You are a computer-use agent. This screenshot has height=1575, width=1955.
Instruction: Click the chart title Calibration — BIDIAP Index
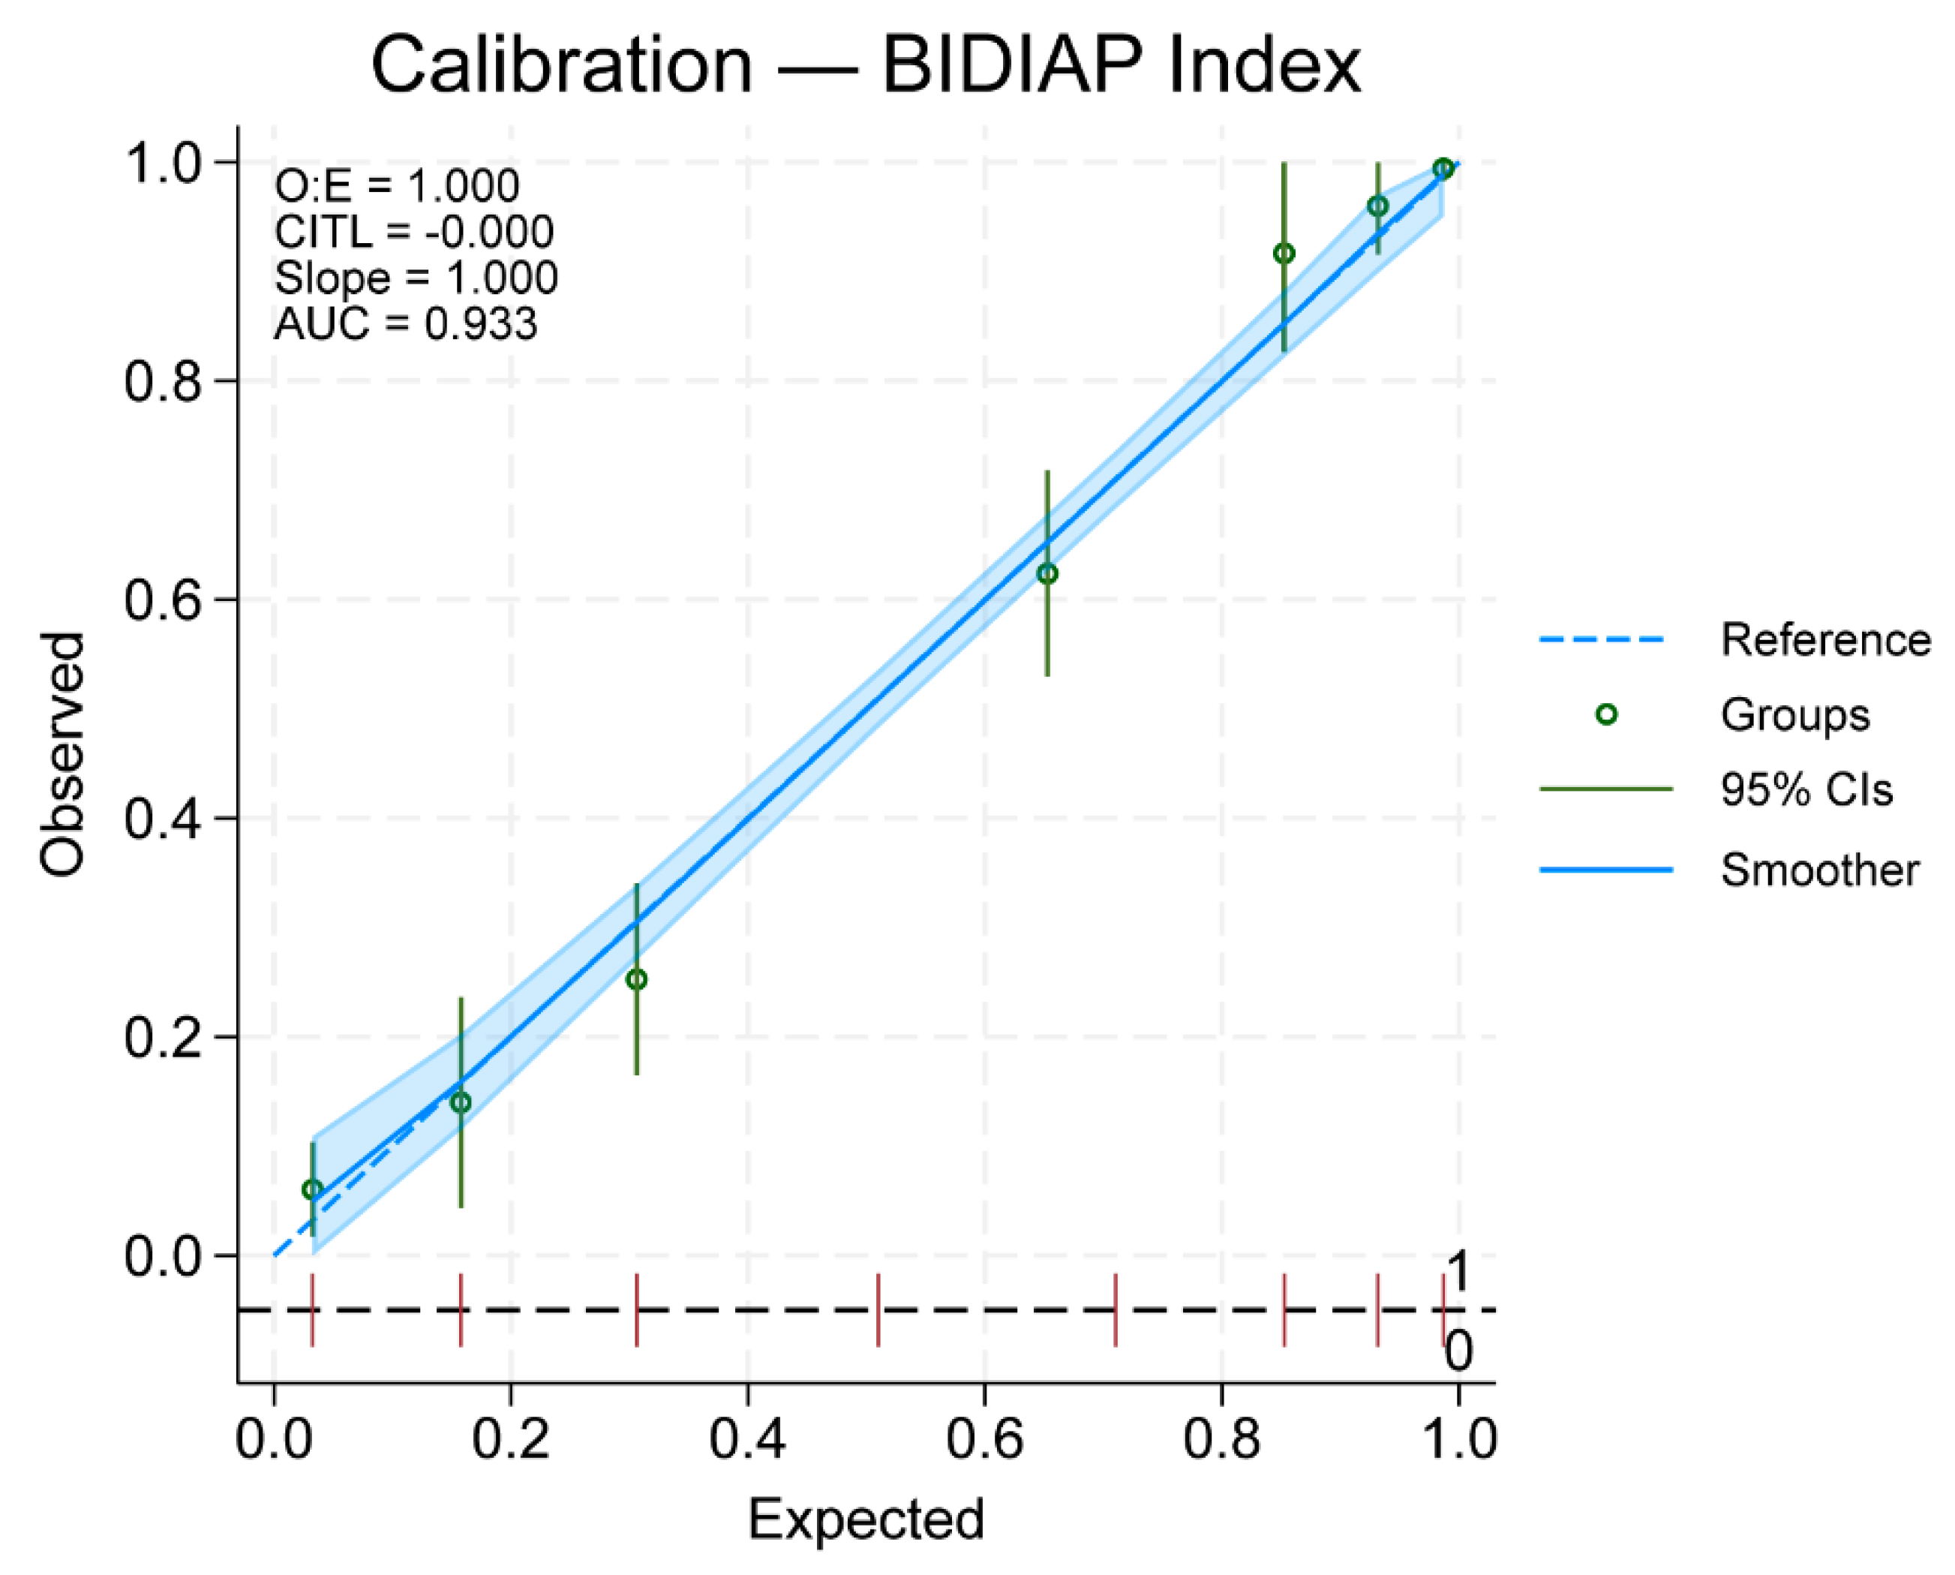point(866,65)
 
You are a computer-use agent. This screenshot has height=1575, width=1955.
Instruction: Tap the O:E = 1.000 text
point(396,187)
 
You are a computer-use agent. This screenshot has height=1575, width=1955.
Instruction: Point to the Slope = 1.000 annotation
point(416,278)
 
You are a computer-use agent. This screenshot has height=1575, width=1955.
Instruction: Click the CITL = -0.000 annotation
point(413,233)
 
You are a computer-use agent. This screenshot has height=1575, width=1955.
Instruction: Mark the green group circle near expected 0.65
point(1047,574)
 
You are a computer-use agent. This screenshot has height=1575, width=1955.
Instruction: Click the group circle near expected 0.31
point(637,980)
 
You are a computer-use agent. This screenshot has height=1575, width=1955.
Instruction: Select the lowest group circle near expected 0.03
point(312,1189)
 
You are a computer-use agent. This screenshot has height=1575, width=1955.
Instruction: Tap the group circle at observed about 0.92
point(1284,254)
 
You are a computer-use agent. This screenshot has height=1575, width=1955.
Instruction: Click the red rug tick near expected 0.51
point(878,1310)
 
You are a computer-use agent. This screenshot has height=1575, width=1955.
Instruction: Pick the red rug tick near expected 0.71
point(1115,1310)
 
